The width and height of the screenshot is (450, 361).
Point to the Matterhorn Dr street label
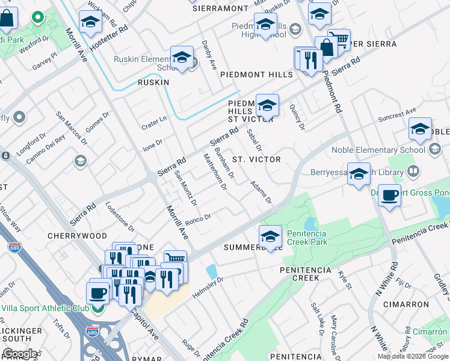pyautogui.click(x=215, y=172)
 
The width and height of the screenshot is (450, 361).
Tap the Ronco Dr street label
pyautogui.click(x=198, y=220)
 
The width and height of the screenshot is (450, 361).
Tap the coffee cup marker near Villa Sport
pyautogui.click(x=97, y=294)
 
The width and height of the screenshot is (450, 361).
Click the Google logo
pyautogui.click(x=20, y=354)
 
